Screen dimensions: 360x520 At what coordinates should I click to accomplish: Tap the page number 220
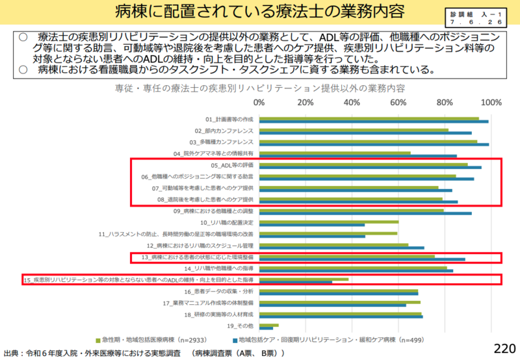tap(504, 348)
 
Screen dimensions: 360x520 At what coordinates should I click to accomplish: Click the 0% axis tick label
tap(259, 102)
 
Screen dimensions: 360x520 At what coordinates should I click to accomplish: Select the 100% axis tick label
tap(491, 102)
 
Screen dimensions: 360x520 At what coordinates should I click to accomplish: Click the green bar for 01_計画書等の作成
tap(369, 118)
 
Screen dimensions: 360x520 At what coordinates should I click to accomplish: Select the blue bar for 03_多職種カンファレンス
tap(374, 144)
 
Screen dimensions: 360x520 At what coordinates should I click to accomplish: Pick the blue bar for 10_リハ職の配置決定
tap(312, 224)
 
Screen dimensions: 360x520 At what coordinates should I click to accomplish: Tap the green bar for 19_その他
tap(269, 324)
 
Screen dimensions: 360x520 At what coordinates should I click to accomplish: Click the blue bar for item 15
tap(296, 282)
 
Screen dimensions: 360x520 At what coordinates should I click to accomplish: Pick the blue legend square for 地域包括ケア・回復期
tap(234, 340)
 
